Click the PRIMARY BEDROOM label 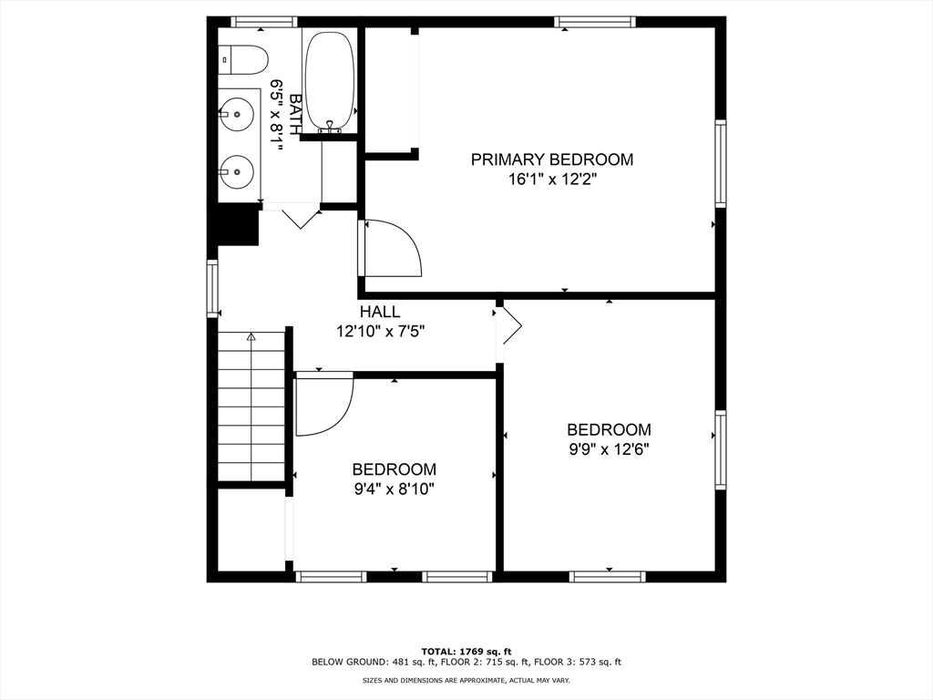[551, 160]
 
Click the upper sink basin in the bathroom [236, 113]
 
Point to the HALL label [380, 312]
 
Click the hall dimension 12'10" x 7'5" [381, 331]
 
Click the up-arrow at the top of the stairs [251, 337]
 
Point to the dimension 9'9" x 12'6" [609, 448]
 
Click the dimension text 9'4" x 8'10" [394, 489]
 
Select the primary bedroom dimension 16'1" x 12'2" [552, 180]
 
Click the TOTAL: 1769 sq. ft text [466, 651]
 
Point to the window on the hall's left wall [212, 288]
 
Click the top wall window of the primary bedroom [594, 22]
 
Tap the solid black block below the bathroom [232, 224]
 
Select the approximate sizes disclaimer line [466, 680]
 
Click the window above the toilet [263, 22]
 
